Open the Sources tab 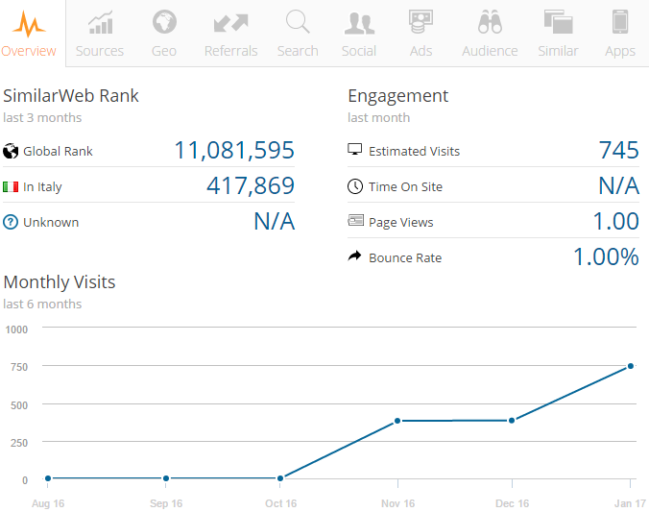point(100,34)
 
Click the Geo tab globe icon point(164,21)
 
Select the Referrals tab point(230,34)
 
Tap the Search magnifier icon point(298,21)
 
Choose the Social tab point(359,34)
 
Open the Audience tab point(490,34)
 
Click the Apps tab point(620,34)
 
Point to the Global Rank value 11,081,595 point(234,151)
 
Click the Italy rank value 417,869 point(251,186)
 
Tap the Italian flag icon point(12,186)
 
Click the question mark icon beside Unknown point(12,222)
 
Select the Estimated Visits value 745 point(618,151)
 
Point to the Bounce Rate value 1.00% point(606,257)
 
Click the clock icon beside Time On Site point(355,186)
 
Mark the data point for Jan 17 point(631,366)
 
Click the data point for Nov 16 point(397,421)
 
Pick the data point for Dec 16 point(512,420)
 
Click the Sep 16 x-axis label point(166,503)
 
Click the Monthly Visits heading point(60,282)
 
